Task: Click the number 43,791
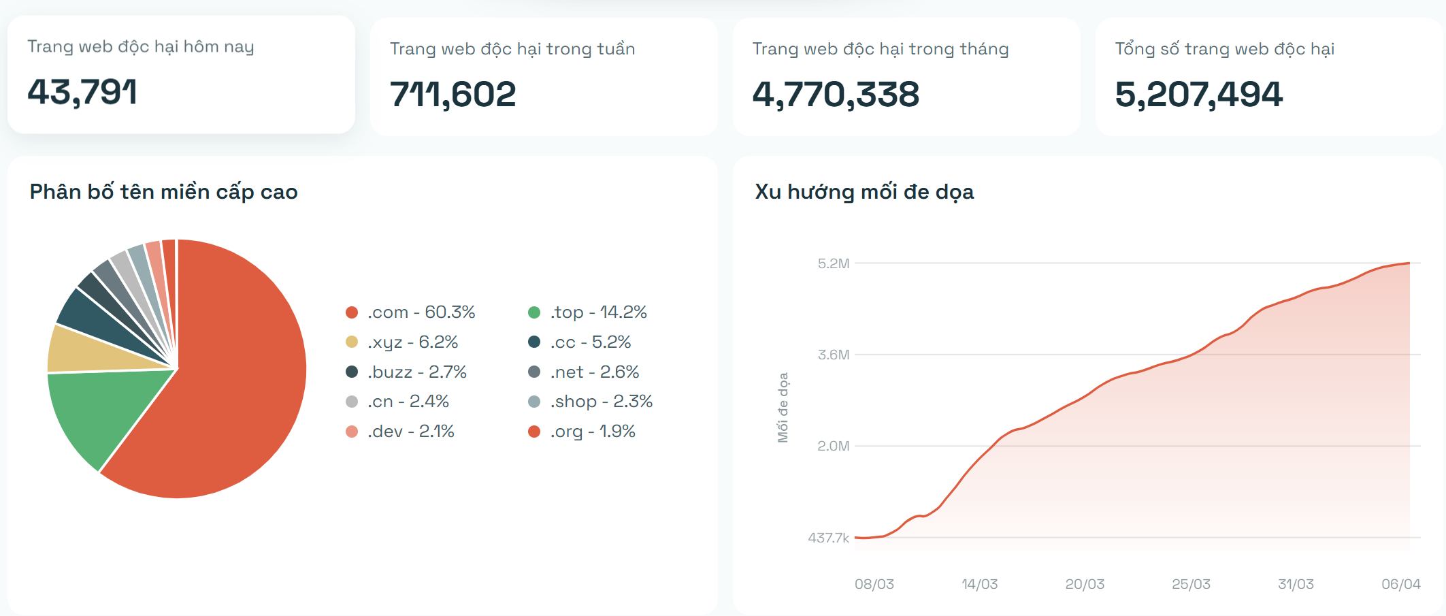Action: [82, 92]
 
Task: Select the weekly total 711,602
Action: [453, 94]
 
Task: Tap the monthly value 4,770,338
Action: [836, 94]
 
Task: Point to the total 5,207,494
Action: [1198, 94]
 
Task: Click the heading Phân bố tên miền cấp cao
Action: [163, 192]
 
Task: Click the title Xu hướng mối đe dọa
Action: [864, 192]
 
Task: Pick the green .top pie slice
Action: [102, 408]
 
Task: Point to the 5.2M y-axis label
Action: [834, 264]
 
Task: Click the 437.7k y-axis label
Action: [828, 538]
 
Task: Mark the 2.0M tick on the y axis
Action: [834, 447]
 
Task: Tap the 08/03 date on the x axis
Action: [874, 584]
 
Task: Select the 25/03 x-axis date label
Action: [1191, 584]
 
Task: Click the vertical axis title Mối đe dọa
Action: [783, 407]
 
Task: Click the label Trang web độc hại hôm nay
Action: [140, 47]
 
